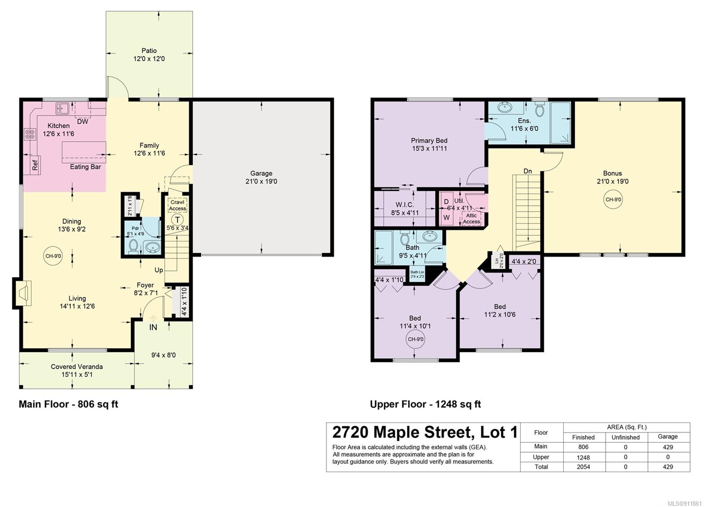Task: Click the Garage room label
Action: point(261,173)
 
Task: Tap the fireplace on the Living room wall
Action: point(23,293)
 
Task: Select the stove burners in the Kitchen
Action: point(30,135)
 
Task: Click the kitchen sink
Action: point(62,108)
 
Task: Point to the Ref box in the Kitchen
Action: point(35,164)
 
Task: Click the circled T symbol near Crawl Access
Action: point(178,219)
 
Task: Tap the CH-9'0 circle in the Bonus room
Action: point(613,199)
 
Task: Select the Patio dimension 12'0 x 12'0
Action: point(149,59)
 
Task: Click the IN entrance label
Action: point(153,327)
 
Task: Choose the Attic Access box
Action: point(471,218)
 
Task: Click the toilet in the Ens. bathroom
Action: point(539,108)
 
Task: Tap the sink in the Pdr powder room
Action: point(153,247)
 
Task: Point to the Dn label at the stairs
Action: point(528,171)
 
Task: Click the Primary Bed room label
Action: point(429,140)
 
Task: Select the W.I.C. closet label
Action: point(404,205)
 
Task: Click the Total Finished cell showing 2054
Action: point(583,467)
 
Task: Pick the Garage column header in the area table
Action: point(668,437)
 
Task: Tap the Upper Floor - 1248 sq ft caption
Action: point(425,404)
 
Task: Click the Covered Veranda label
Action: point(77,366)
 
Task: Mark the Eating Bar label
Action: point(85,167)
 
